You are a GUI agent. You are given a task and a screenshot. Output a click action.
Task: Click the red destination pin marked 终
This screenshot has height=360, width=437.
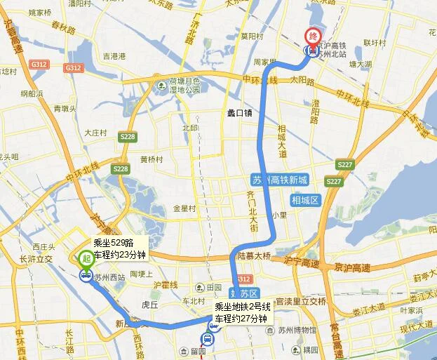coord(309,36)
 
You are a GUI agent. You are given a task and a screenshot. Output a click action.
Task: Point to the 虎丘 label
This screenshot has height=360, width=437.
coord(149,305)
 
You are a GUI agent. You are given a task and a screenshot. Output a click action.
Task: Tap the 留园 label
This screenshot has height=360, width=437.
coord(204,349)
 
